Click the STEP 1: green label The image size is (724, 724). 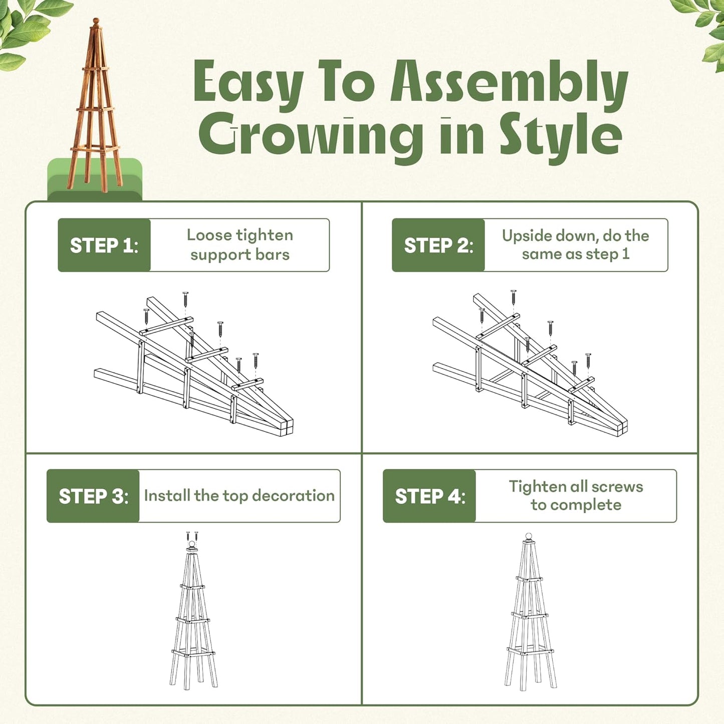[x=104, y=246]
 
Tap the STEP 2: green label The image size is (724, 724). [x=438, y=246]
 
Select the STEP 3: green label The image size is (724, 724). [x=93, y=496]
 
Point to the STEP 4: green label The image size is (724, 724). [x=429, y=496]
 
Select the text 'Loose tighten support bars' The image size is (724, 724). [x=239, y=245]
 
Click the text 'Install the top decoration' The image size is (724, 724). [x=239, y=496]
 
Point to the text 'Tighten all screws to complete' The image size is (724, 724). [x=576, y=496]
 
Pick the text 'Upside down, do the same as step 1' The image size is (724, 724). [x=575, y=245]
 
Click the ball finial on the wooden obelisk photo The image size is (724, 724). [x=95, y=22]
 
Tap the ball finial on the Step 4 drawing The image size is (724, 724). [x=528, y=537]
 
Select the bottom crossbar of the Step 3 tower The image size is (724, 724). [x=193, y=653]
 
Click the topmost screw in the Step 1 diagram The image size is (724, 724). [x=185, y=299]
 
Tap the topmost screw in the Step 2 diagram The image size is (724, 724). [x=513, y=297]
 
